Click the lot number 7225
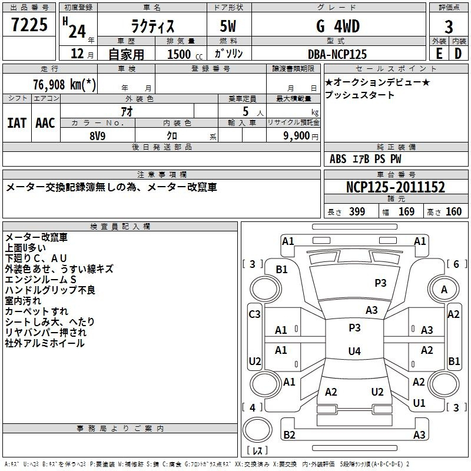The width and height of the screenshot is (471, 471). (x=29, y=25)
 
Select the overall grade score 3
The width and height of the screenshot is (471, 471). (x=449, y=27)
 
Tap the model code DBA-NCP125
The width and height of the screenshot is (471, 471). (x=337, y=54)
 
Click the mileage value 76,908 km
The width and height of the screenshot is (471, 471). (x=64, y=84)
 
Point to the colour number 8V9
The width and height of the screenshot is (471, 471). (x=98, y=136)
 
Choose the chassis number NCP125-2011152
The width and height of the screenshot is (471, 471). (x=396, y=187)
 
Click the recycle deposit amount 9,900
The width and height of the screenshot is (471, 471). (x=297, y=136)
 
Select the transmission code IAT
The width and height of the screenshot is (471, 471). (x=17, y=123)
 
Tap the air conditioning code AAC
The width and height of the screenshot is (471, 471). (x=45, y=123)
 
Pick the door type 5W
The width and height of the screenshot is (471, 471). (x=228, y=26)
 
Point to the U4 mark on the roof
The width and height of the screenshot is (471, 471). (x=354, y=351)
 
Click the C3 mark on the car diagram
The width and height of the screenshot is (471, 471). (x=254, y=314)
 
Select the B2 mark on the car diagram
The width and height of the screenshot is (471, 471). (x=289, y=434)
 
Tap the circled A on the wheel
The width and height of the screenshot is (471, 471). (x=444, y=290)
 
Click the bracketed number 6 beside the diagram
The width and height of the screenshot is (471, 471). (x=456, y=264)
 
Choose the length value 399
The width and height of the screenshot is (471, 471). (x=357, y=211)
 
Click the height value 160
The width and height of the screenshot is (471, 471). (x=453, y=211)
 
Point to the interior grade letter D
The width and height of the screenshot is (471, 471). (x=458, y=54)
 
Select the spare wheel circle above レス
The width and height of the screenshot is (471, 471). (x=257, y=430)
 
